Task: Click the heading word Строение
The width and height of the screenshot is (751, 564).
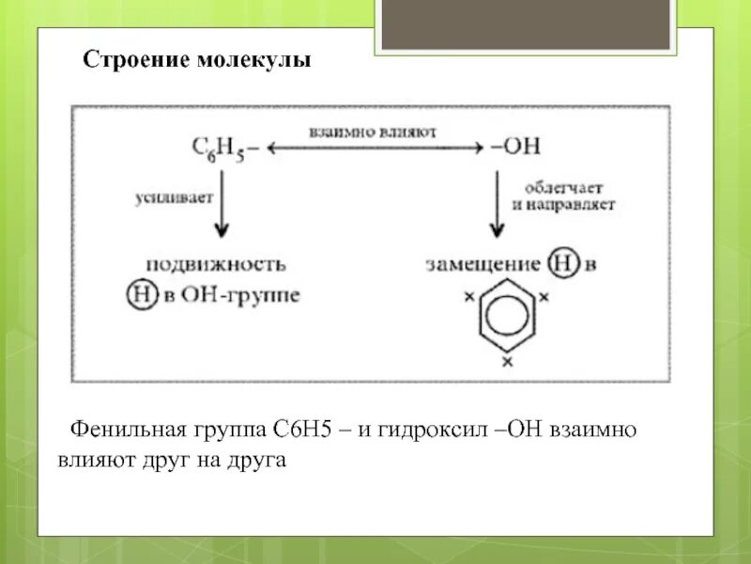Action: tap(137, 61)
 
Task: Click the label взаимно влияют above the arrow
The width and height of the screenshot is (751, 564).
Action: tap(373, 133)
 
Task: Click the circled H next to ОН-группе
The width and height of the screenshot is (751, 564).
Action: tap(137, 294)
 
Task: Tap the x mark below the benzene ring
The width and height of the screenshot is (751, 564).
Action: tap(507, 361)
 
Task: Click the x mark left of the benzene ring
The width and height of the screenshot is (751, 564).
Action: tap(468, 297)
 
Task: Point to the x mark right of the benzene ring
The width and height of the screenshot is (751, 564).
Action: tap(544, 297)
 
